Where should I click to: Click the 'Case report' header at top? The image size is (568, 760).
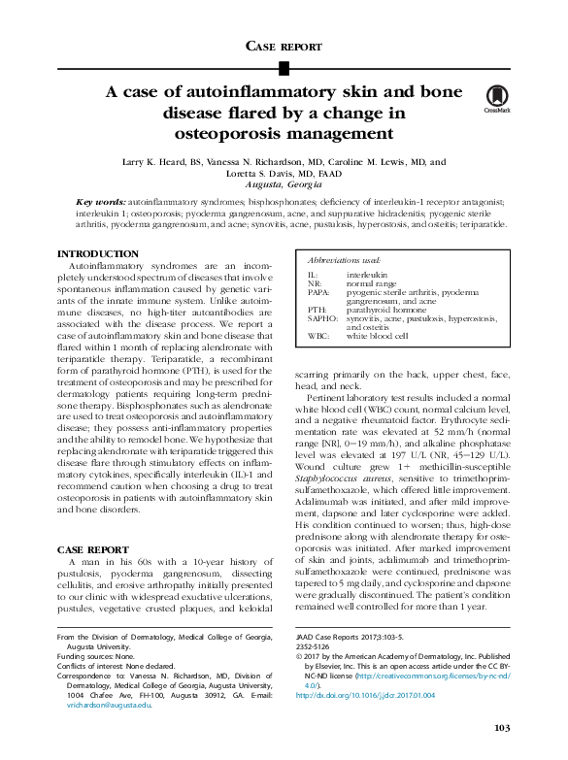point(284,47)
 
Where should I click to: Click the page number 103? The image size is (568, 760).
point(501,728)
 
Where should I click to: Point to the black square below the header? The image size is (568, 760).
point(284,67)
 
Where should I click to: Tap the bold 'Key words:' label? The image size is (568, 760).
point(102,202)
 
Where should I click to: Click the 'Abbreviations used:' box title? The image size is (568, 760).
point(345,262)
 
